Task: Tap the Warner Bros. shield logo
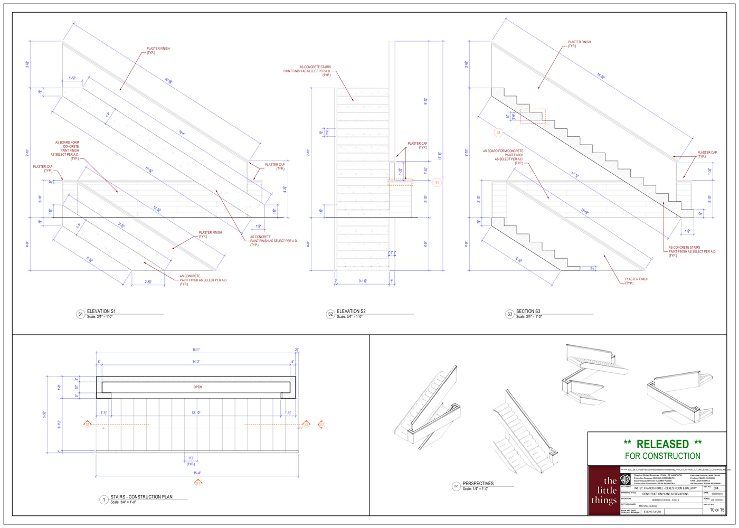click(626, 479)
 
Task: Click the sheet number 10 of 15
click(717, 510)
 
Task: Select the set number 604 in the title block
click(715, 488)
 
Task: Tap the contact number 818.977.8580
click(652, 512)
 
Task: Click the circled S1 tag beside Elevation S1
click(80, 314)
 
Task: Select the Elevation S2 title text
click(351, 312)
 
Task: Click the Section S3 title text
click(528, 312)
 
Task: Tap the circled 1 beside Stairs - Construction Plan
click(103, 499)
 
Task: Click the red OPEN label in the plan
click(197, 387)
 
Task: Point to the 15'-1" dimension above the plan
click(196, 350)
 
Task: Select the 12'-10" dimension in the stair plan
click(196, 412)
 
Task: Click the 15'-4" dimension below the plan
click(197, 473)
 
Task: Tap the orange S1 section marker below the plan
click(198, 483)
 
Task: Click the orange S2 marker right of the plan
click(321, 425)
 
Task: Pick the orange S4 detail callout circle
click(498, 133)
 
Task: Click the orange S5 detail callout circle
click(437, 183)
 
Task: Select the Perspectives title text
click(478, 483)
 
